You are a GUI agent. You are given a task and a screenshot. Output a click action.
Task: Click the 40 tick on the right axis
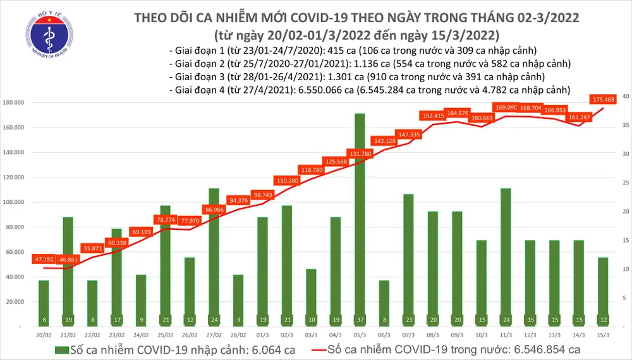point(624,97)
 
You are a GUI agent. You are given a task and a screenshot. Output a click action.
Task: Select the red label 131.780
point(360,153)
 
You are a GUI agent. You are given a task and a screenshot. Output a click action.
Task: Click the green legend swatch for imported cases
point(61,349)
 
